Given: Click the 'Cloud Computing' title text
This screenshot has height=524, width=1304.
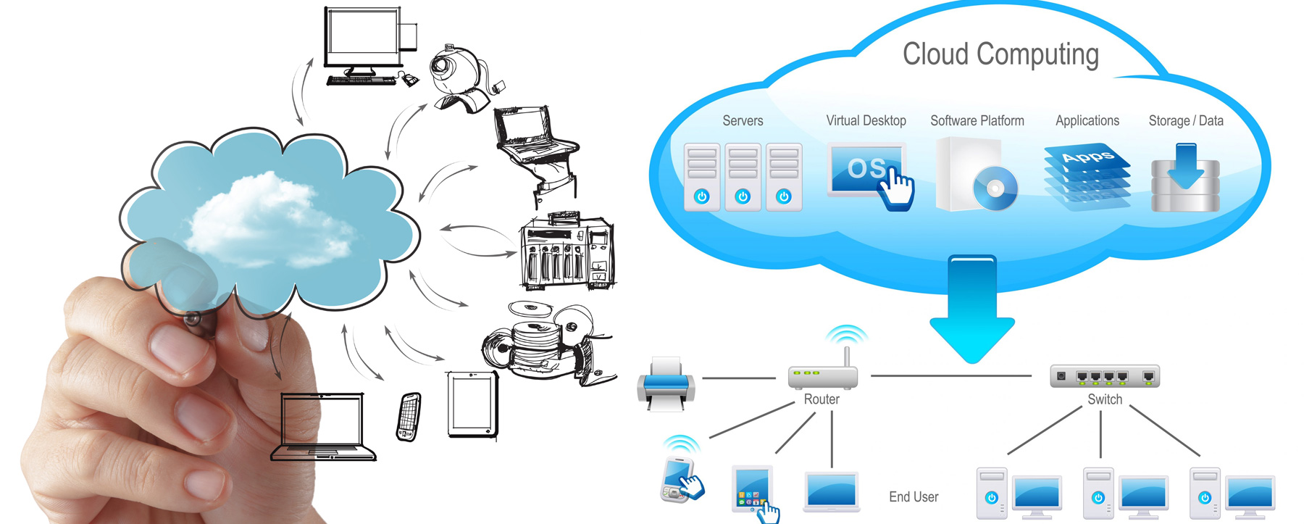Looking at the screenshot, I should coord(1000,55).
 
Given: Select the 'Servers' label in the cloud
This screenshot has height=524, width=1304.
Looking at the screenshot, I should coord(743,121).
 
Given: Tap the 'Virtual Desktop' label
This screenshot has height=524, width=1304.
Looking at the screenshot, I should coord(866,121).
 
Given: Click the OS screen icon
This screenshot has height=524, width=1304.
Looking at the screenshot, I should coord(866,170).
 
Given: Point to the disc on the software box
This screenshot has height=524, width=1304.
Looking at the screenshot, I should coord(995,188).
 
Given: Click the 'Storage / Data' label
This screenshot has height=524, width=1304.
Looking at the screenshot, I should coord(1185,121).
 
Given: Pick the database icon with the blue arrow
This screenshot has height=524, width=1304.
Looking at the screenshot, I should coord(1185,180).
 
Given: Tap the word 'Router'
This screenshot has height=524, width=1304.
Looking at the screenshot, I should coord(822,399).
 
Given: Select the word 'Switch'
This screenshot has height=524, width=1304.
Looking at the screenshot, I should coord(1105,399).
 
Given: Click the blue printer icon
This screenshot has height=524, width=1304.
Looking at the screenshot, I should coord(666,384).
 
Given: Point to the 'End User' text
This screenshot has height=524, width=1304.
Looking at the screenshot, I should coord(913,497).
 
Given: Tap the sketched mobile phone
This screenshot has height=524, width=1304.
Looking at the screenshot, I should coord(409,417).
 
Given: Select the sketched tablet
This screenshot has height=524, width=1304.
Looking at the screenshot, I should coord(472,404).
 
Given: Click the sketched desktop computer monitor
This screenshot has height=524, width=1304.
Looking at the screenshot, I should coord(362,40).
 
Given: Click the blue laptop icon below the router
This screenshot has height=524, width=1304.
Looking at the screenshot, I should coord(832,491).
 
